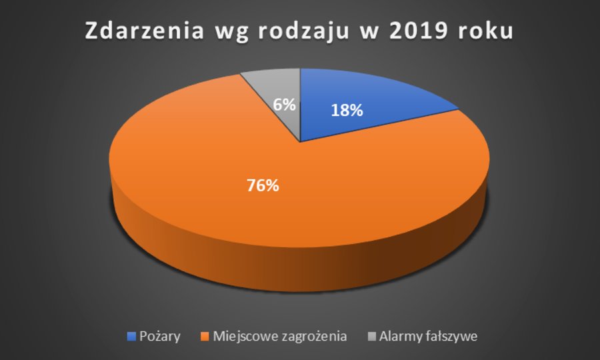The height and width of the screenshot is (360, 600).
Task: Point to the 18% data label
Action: pos(347,111)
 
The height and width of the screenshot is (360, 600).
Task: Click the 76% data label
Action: pos(263,185)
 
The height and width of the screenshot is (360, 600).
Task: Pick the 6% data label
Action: pos(284,105)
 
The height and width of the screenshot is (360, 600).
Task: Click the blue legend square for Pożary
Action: pos(131,336)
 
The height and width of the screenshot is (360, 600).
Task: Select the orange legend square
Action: pos(205,336)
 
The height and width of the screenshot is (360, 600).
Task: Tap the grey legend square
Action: pos(371,336)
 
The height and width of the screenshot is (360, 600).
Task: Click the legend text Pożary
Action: pos(160,337)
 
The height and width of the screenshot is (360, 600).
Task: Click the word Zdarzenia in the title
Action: pos(144,31)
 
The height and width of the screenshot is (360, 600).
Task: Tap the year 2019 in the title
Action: pos(419,31)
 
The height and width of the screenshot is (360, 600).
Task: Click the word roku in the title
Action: pos(485,31)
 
